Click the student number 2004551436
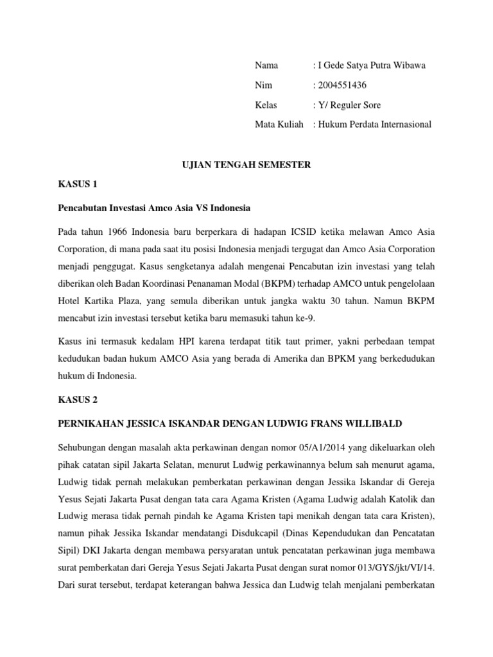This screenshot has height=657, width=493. point(341,85)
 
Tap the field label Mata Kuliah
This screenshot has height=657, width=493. point(279,124)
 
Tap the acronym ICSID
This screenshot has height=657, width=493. point(305,230)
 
